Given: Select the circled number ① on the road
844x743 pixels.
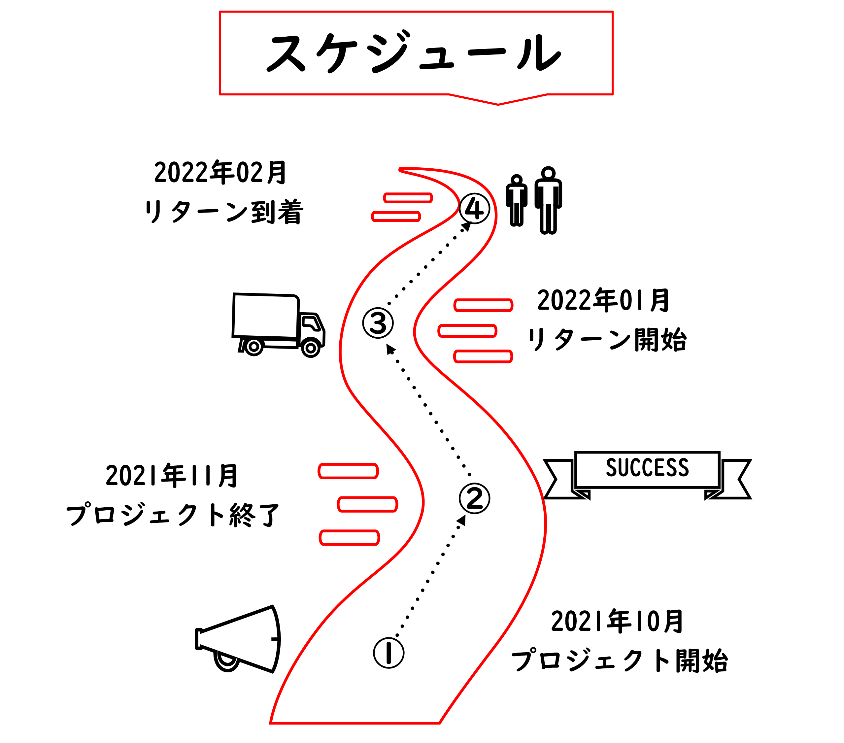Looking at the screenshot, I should click(x=388, y=653).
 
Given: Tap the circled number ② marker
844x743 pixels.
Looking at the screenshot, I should click(x=474, y=498).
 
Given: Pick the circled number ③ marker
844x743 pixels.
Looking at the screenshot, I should click(x=378, y=322).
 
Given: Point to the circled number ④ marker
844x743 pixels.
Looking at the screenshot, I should click(x=474, y=209).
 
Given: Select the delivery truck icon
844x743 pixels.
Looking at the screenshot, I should click(x=278, y=324).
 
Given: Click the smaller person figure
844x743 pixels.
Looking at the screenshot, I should click(x=517, y=201).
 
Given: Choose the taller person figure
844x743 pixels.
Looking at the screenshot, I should click(x=548, y=201).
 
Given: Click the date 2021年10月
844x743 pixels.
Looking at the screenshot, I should click(x=617, y=621).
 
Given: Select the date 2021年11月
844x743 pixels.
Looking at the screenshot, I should click(x=172, y=475).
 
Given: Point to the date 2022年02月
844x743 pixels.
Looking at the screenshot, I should click(x=220, y=172).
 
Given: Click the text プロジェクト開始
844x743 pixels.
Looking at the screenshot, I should click(x=619, y=661).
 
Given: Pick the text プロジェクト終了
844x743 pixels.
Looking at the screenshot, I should click(x=173, y=515).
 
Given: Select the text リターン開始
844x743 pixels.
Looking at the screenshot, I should click(x=607, y=340).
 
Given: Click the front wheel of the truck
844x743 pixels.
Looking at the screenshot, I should click(x=311, y=348).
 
